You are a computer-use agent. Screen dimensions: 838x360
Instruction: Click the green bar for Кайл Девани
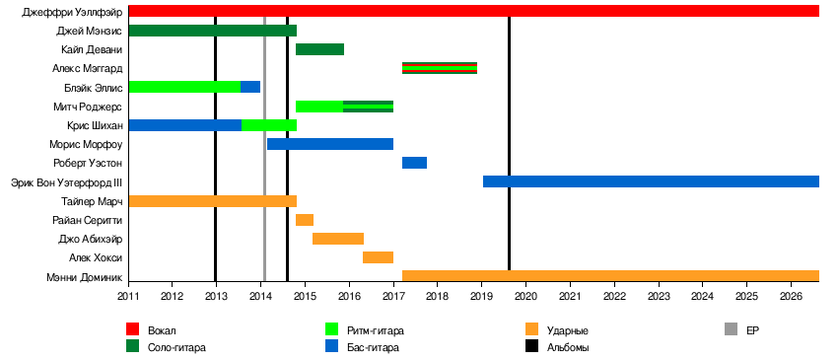click(x=319, y=49)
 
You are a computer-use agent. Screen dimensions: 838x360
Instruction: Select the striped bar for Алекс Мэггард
click(x=440, y=68)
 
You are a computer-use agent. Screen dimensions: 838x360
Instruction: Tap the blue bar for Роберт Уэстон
click(x=414, y=163)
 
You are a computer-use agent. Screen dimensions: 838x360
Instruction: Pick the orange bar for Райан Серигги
click(x=305, y=220)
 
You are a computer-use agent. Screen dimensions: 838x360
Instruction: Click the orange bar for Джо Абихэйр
click(x=338, y=239)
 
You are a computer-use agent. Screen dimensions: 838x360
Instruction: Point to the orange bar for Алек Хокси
click(x=378, y=257)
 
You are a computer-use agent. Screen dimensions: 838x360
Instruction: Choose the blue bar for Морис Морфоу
click(x=330, y=144)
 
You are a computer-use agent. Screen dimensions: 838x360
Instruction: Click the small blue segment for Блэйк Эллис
click(x=250, y=87)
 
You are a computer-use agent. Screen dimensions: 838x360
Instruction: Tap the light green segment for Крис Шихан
click(x=269, y=125)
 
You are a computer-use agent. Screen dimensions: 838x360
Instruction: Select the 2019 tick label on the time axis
click(x=481, y=295)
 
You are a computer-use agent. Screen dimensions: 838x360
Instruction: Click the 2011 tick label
click(x=129, y=295)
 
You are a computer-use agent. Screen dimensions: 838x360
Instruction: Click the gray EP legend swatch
click(x=731, y=329)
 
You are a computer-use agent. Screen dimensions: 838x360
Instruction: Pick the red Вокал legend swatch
click(x=132, y=329)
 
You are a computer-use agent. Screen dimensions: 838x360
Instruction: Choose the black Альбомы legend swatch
click(x=531, y=346)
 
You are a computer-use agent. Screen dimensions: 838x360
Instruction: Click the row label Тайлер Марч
click(x=92, y=201)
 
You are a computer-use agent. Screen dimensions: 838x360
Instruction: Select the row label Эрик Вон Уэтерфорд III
click(x=67, y=182)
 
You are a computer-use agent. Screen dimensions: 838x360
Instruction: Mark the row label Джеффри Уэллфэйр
click(x=72, y=12)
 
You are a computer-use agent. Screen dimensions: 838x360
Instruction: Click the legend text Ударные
click(x=568, y=330)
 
